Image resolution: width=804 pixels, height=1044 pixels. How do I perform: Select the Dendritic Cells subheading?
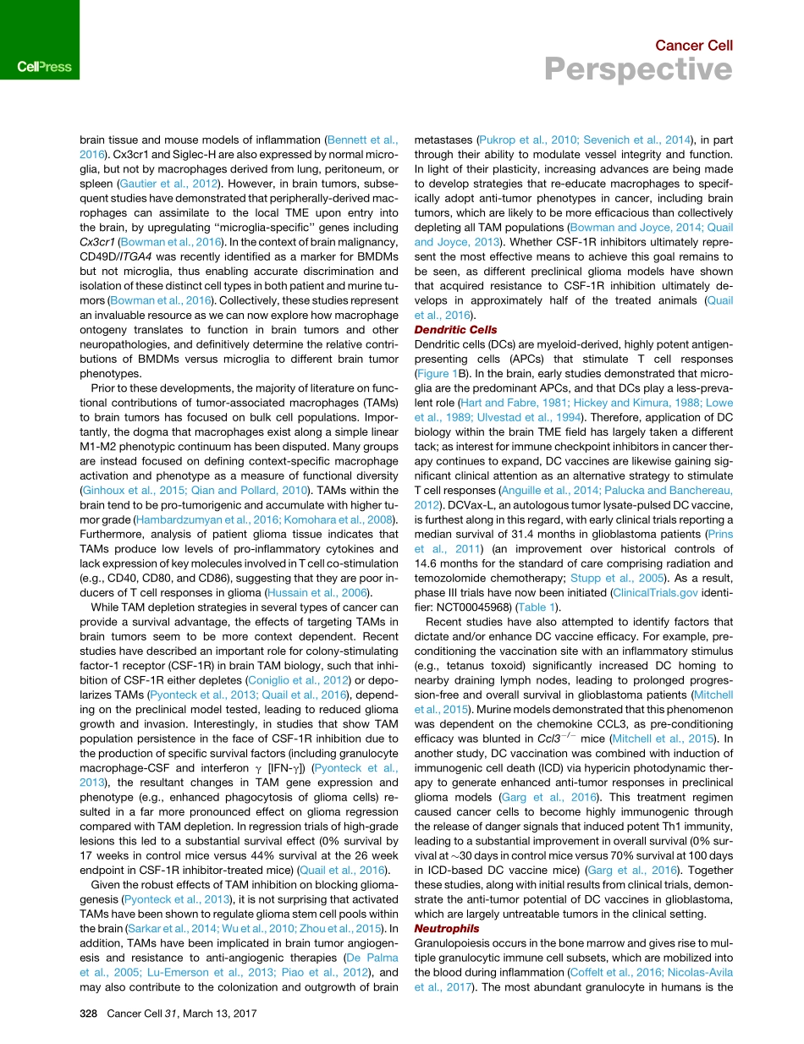(x=455, y=329)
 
